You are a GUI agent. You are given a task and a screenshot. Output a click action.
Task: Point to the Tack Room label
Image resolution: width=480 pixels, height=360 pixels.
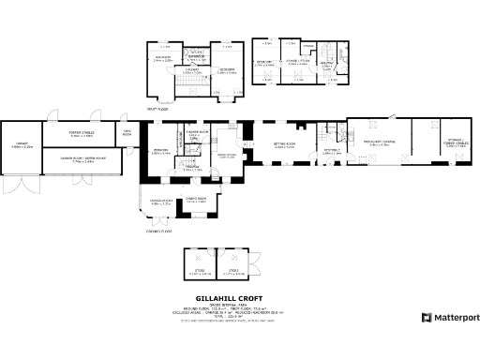coord(126,132)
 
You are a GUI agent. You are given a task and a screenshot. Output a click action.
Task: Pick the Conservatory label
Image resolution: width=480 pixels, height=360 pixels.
coord(156,202)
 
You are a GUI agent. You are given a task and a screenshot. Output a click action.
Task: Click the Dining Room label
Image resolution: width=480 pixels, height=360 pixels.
coord(195,200)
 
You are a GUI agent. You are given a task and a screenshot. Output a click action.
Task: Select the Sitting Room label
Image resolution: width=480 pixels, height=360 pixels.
coord(284,144)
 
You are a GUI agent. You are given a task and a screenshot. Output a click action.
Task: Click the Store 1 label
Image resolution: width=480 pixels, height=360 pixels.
coord(199,272)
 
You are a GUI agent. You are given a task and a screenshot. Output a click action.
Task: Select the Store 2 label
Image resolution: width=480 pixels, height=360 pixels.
coord(231,272)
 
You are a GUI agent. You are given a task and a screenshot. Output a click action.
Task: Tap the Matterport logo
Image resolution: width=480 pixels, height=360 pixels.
coord(451,317)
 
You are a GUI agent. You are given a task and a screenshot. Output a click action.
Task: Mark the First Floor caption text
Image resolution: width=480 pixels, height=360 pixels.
coord(157,108)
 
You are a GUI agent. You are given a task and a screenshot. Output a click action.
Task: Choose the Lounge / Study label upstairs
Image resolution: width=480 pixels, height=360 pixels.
coord(297,63)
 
